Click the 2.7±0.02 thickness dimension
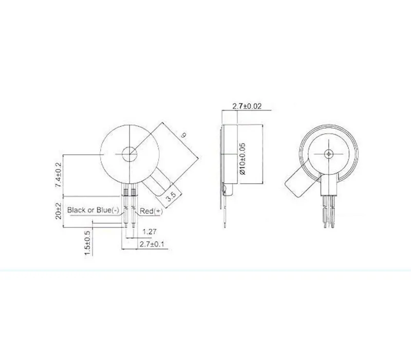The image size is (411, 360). [x=247, y=106]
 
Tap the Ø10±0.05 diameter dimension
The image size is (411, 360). [x=242, y=159]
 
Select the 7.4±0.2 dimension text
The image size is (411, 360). [x=58, y=175]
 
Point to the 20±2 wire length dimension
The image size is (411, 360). [x=58, y=211]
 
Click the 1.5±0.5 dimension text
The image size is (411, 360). [x=87, y=243]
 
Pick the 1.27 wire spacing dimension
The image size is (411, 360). [x=150, y=232]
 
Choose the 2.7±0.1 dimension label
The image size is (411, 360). [x=152, y=244]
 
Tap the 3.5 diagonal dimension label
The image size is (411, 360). [x=171, y=196]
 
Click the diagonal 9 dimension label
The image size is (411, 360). [x=184, y=135]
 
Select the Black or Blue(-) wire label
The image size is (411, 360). [x=93, y=210]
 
